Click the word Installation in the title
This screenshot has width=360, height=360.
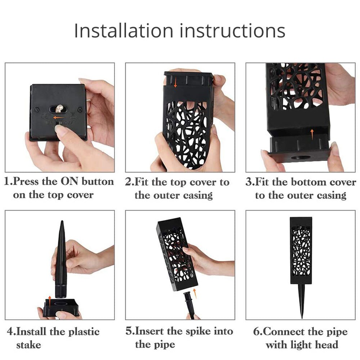point(125,31)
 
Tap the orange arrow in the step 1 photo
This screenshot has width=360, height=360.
point(58,117)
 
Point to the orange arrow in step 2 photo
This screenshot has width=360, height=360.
point(175,84)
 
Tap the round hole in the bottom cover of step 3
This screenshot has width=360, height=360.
point(301,158)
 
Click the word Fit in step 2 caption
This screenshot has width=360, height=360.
point(141,182)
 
